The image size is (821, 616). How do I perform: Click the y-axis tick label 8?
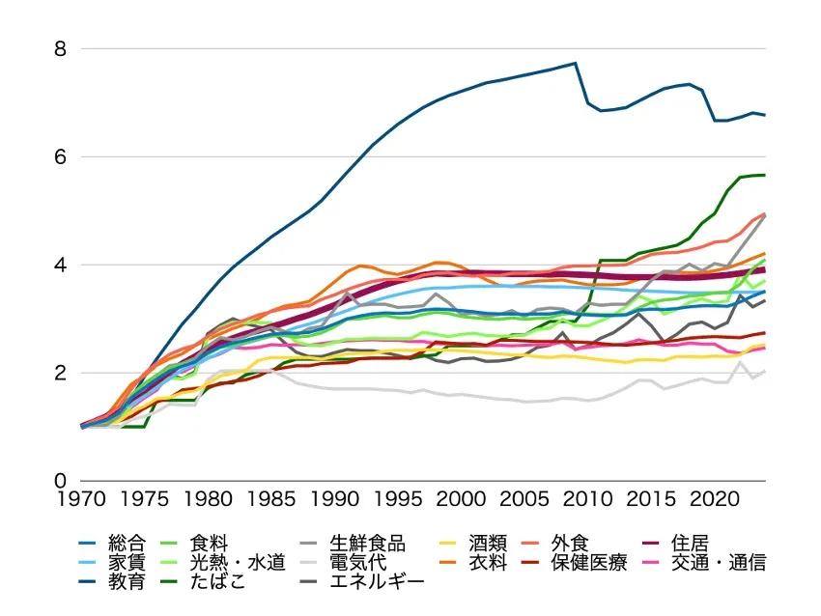coord(60,48)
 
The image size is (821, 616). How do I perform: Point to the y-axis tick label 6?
coord(60,156)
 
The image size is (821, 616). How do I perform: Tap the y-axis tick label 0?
coord(60,481)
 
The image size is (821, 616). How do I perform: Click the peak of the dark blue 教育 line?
coord(575,63)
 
